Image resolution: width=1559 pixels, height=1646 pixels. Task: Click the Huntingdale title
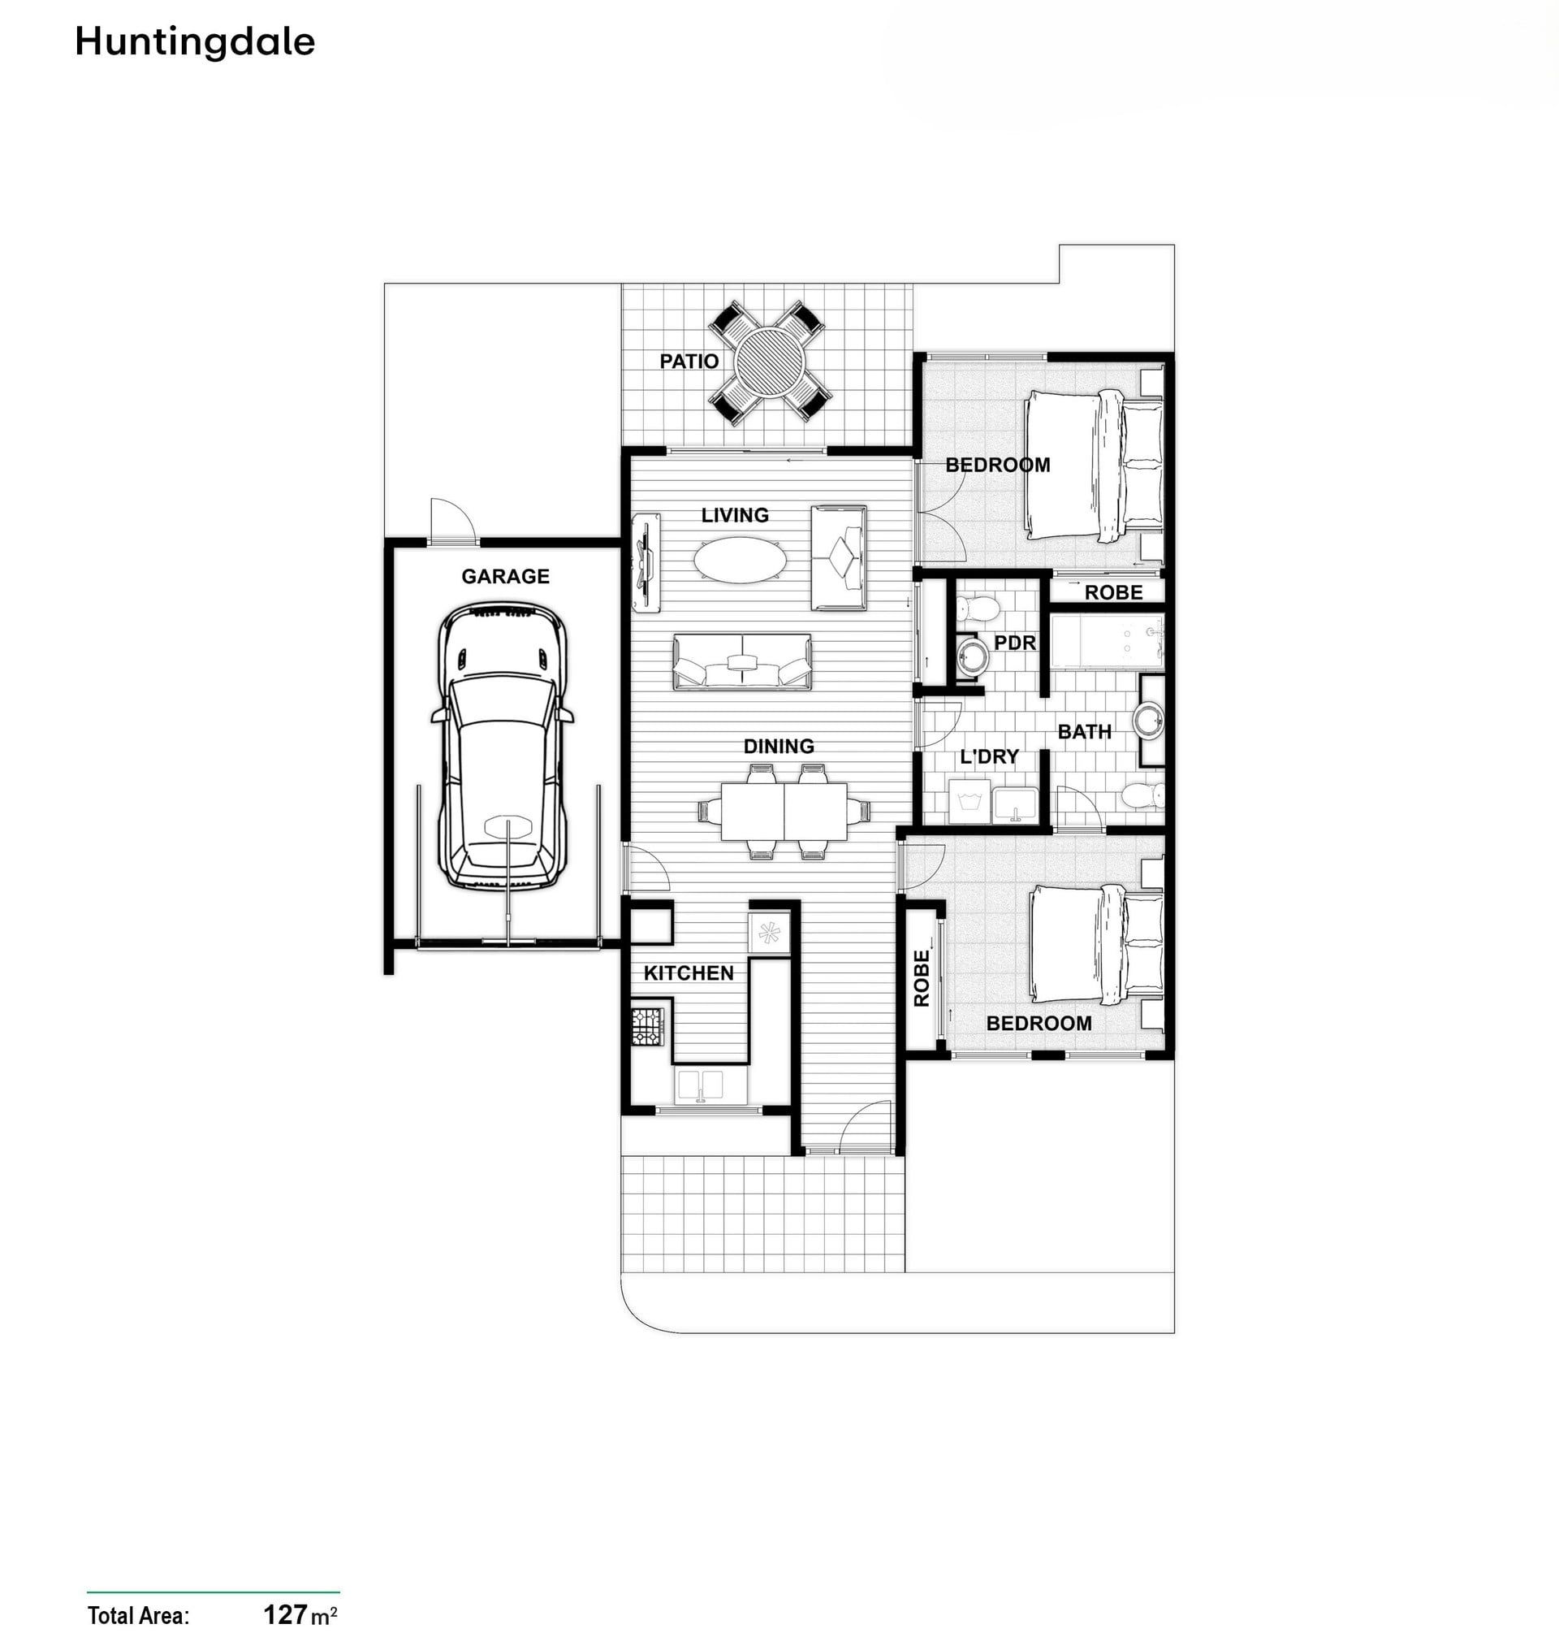tap(196, 41)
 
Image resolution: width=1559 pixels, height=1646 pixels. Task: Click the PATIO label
tap(689, 361)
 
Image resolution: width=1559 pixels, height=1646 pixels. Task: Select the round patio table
tap(770, 362)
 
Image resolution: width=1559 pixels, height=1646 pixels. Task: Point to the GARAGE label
tap(505, 576)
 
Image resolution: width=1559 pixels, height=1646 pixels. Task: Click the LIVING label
tap(735, 515)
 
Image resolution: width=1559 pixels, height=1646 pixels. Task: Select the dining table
tap(784, 811)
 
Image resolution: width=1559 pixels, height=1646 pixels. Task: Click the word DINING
tap(779, 747)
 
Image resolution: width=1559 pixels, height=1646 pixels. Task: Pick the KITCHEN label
tap(688, 972)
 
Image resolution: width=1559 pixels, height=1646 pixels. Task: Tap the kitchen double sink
tap(700, 1085)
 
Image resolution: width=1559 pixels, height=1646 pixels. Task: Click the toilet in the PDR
tap(976, 609)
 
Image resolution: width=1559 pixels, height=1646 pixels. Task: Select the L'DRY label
tap(989, 756)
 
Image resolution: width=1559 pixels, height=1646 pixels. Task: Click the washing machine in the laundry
tap(968, 801)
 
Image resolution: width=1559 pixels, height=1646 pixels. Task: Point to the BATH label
tap(1085, 731)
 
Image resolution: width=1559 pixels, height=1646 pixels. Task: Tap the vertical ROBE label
tap(922, 978)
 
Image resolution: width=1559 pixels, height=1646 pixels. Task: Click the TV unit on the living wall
tap(646, 563)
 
